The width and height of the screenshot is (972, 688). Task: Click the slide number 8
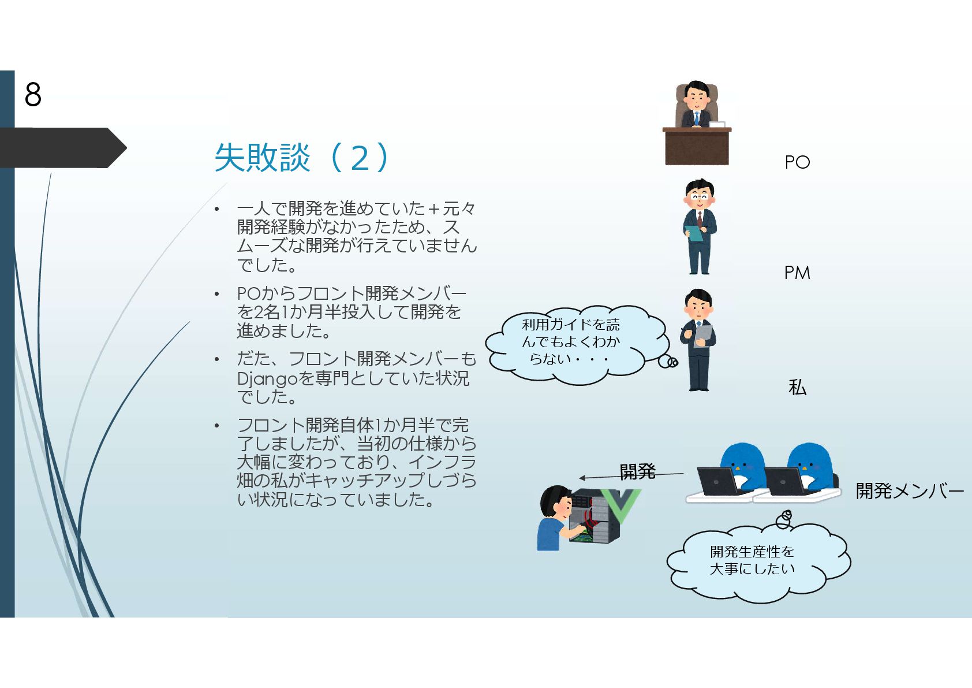[x=33, y=94]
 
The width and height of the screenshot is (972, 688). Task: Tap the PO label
[x=797, y=162]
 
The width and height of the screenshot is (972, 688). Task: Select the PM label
[x=797, y=273]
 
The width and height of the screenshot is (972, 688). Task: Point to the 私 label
[x=797, y=387]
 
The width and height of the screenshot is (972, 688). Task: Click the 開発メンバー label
[x=909, y=491]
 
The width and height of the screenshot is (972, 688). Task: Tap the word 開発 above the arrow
[x=637, y=472]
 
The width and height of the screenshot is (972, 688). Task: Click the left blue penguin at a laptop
[x=742, y=465]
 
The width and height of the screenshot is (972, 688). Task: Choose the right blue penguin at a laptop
[x=809, y=465]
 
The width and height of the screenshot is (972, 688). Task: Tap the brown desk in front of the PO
[x=697, y=147]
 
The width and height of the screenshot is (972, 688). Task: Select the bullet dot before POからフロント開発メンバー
[x=217, y=294]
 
